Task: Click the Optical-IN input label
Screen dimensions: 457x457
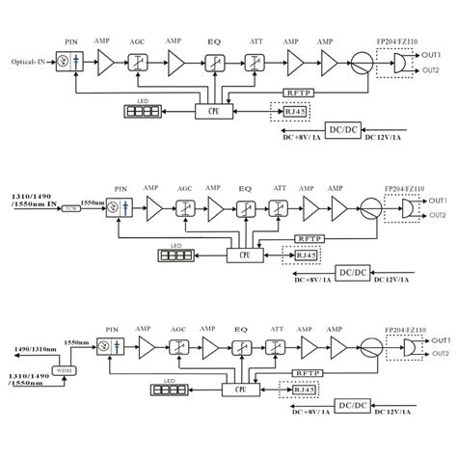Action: click(26, 63)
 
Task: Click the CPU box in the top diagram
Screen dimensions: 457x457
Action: click(212, 111)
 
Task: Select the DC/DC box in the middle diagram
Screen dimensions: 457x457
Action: click(353, 272)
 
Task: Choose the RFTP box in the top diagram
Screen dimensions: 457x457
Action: click(296, 93)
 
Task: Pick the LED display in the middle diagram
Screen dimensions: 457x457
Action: click(177, 256)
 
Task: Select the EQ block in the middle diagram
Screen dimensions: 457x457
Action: click(248, 207)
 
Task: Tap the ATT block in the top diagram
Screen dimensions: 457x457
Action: click(255, 63)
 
